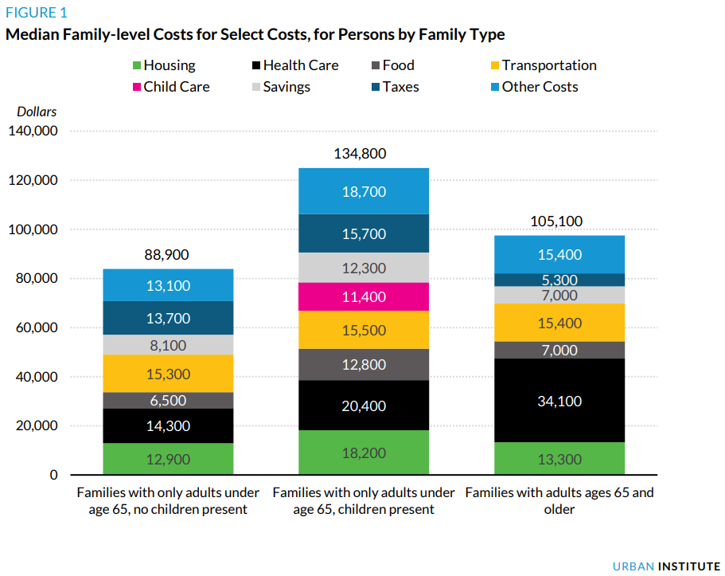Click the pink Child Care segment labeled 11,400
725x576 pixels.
point(363,297)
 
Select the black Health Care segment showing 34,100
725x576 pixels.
point(559,401)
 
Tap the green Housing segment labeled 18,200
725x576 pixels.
point(363,453)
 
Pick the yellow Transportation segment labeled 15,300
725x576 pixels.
point(168,374)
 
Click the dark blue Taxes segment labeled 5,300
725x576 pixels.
point(559,280)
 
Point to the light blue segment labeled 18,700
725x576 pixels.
point(363,191)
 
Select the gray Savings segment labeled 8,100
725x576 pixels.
point(168,344)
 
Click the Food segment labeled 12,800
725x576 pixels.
point(363,365)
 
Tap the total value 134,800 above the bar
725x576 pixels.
point(363,154)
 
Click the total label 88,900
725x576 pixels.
point(168,255)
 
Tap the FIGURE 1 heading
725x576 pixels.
point(37,13)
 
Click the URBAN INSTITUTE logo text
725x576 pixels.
point(666,566)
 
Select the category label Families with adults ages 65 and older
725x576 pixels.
point(559,500)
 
